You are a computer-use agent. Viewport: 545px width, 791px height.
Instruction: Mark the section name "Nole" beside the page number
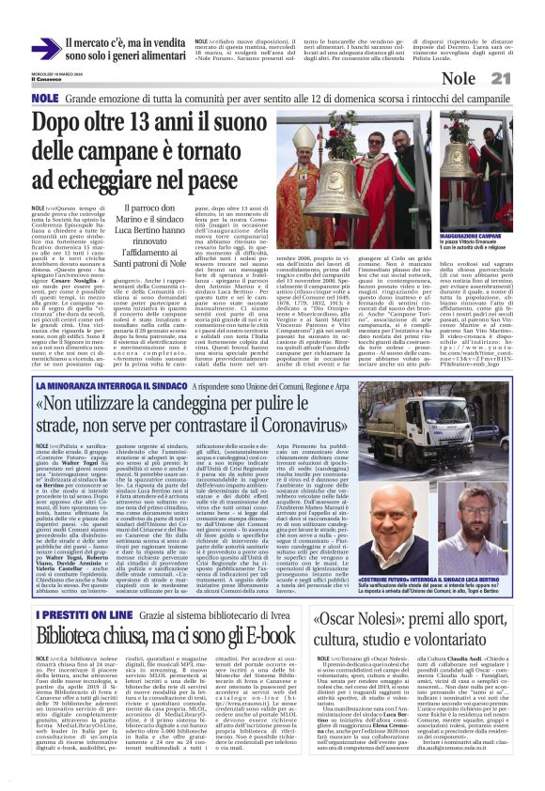[x=484, y=78]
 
